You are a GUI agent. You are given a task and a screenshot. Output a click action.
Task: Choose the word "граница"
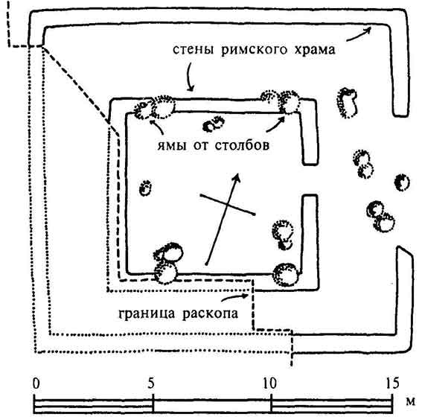click(x=145, y=313)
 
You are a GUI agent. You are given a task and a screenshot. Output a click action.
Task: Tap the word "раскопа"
click(x=209, y=313)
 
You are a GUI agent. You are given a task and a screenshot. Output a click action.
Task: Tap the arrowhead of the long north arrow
click(x=238, y=176)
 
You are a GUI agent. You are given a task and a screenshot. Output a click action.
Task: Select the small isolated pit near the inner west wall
click(x=144, y=185)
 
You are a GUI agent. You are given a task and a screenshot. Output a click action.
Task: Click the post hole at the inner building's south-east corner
click(x=285, y=274)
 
